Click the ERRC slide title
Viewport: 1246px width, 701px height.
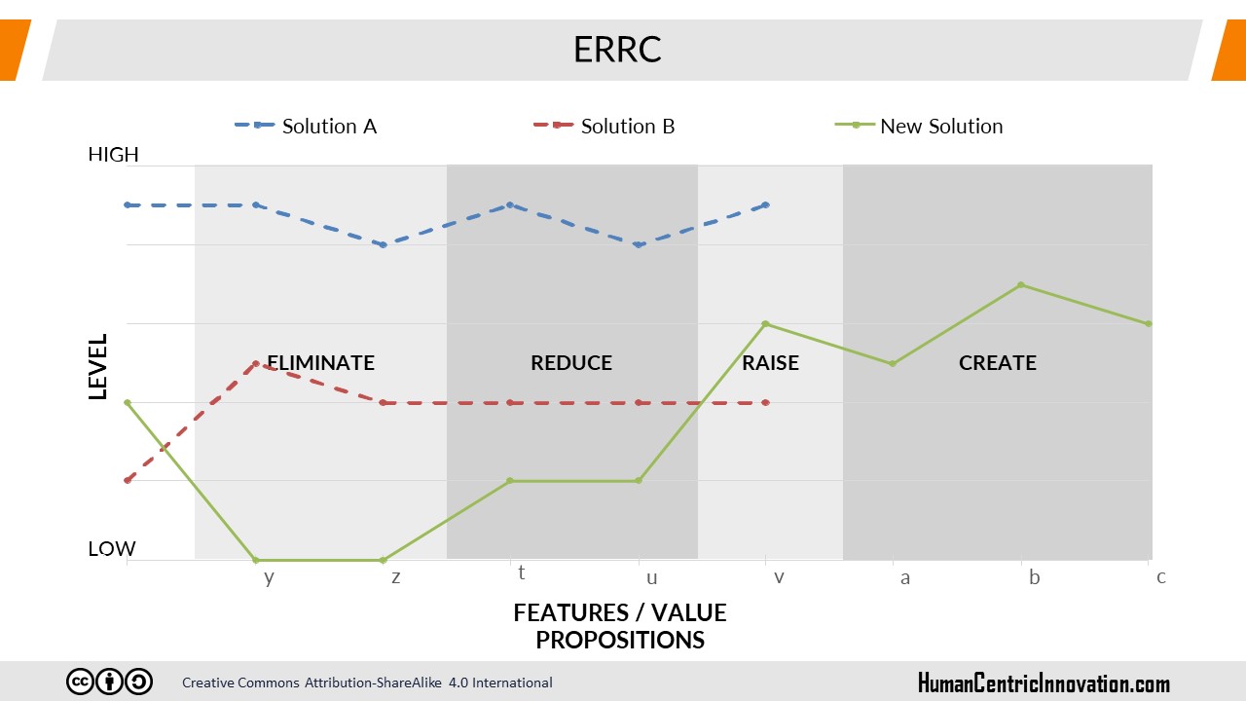[617, 50]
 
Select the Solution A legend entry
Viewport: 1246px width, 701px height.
[306, 127]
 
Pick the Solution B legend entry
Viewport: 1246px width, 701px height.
[605, 127]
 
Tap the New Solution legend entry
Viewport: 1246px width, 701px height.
[919, 127]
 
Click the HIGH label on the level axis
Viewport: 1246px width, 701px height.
[114, 154]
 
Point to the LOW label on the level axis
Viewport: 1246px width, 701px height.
[112, 548]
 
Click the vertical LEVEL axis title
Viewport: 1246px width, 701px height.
[98, 367]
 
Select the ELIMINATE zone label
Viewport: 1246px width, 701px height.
[321, 363]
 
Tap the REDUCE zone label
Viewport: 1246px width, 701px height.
[571, 363]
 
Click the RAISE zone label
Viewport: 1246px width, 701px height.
[770, 363]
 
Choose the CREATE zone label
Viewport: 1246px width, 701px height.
[998, 363]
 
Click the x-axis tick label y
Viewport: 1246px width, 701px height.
[270, 578]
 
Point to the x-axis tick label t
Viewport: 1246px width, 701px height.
[521, 572]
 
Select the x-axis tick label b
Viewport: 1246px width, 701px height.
[1034, 577]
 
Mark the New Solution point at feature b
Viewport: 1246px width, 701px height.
[1021, 285]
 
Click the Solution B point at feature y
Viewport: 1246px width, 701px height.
[255, 363]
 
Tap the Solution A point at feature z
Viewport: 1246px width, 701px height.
[383, 244]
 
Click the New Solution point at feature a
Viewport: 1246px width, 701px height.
[893, 364]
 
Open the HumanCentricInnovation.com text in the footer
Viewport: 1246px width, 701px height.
[1044, 683]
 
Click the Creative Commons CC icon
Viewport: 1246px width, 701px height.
[80, 682]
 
